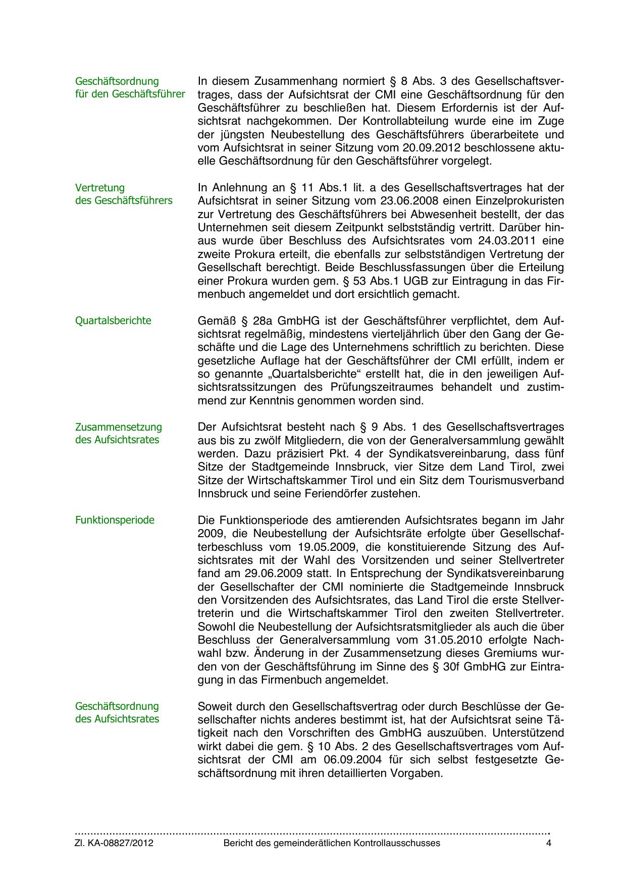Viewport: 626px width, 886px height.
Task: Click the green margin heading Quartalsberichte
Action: [x=113, y=321]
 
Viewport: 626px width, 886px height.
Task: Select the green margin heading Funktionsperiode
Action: [x=115, y=520]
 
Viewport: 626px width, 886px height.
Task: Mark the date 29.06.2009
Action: [x=274, y=574]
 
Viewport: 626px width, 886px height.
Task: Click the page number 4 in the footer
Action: [x=549, y=843]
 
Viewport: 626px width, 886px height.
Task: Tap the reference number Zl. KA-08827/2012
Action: [x=114, y=843]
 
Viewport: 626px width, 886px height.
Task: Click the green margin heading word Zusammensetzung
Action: [x=119, y=427]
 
